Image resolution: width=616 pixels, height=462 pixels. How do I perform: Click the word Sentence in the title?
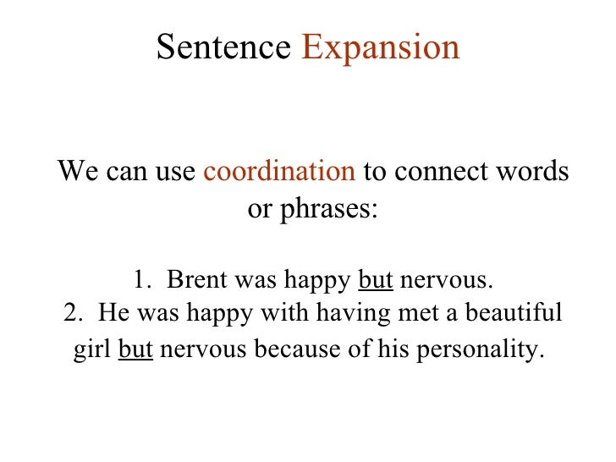223,48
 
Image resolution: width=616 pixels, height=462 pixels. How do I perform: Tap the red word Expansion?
380,48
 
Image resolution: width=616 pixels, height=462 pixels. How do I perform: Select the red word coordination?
280,172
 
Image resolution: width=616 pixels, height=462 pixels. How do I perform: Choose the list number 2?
72,313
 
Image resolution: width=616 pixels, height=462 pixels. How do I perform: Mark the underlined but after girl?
135,349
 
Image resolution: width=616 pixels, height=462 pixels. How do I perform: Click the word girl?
92,349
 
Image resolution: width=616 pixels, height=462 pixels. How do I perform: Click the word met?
410,313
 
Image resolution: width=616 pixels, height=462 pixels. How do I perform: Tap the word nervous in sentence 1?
445,279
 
